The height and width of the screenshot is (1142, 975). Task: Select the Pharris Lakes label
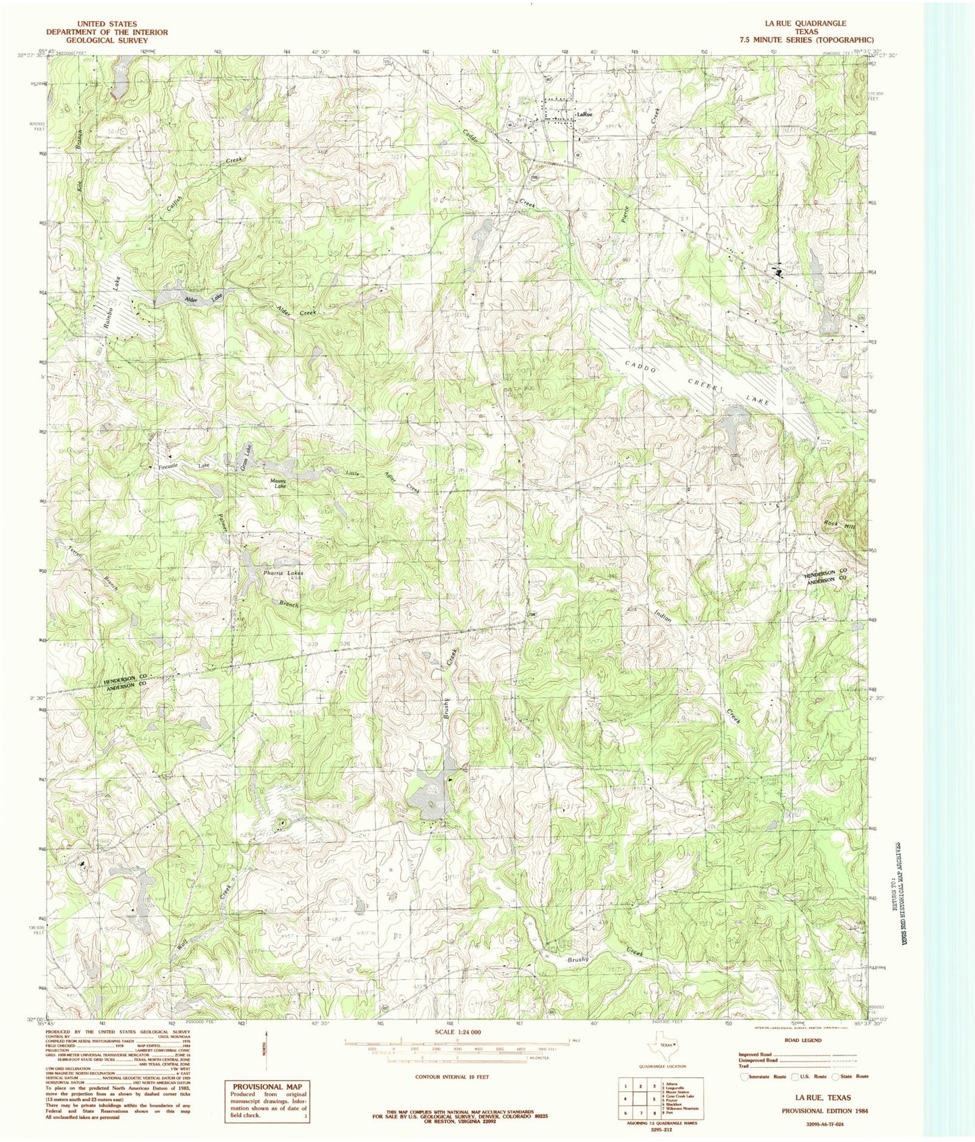(x=283, y=572)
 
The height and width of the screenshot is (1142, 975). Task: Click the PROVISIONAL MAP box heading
(x=267, y=1087)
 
